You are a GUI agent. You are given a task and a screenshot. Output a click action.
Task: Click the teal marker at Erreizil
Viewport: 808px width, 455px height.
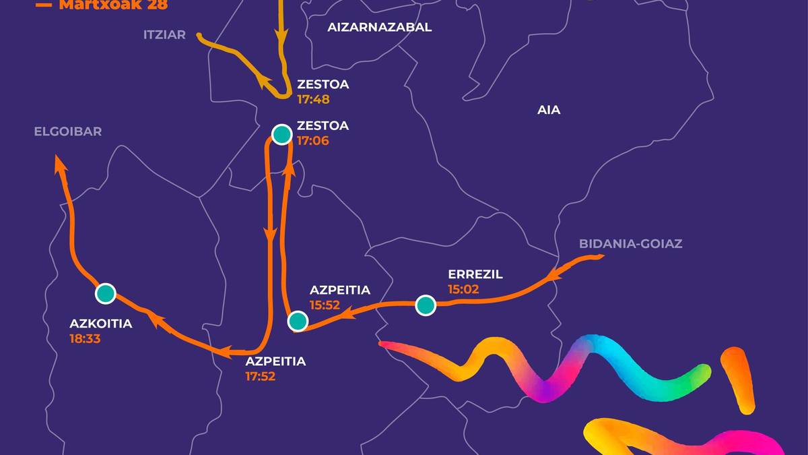[x=426, y=305]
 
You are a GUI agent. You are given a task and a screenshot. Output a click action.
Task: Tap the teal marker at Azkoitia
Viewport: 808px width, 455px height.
[x=106, y=293]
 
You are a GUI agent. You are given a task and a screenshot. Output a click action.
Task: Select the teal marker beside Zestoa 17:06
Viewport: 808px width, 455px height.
[x=281, y=135]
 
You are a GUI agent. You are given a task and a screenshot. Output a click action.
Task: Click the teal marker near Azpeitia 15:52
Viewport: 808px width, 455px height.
[x=298, y=321]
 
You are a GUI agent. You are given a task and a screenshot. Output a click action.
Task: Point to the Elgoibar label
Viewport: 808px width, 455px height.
[x=68, y=131]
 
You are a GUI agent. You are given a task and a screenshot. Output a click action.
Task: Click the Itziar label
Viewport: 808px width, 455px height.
[x=164, y=34]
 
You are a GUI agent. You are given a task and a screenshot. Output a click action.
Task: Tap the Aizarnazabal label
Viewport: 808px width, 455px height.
[x=379, y=28]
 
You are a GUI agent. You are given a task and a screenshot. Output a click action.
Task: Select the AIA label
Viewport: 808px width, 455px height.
[x=549, y=110]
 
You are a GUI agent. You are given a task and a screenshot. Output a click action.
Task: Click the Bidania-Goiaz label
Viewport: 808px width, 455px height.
[x=631, y=244]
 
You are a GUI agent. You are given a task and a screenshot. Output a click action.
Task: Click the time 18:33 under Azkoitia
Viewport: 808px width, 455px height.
[x=85, y=338]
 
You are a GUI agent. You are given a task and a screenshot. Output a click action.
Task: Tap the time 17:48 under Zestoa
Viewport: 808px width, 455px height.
[x=313, y=99]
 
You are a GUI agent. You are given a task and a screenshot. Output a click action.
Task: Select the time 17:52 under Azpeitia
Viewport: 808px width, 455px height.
[x=261, y=376]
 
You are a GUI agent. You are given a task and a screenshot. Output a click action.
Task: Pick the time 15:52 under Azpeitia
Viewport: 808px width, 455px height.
[x=325, y=305]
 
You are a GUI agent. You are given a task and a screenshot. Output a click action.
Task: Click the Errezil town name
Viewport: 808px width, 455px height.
[x=475, y=274]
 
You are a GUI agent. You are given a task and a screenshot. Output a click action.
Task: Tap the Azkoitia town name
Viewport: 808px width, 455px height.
[x=101, y=324]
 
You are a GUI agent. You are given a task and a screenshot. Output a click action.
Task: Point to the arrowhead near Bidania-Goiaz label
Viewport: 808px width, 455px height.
[x=554, y=274]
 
